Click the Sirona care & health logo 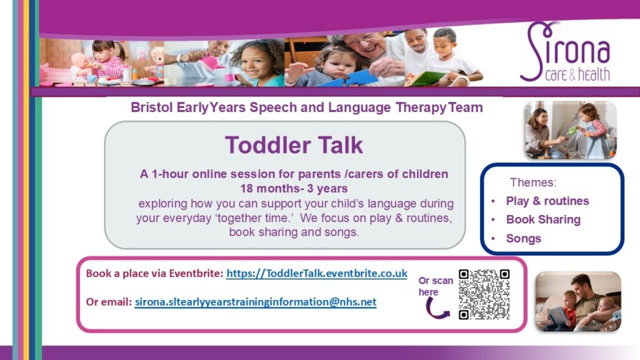click(x=565, y=52)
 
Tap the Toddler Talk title click(x=294, y=145)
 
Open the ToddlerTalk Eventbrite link click(x=317, y=273)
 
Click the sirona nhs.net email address click(x=256, y=302)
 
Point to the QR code click(x=484, y=294)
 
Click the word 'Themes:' click(x=532, y=182)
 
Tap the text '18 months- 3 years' click(x=294, y=189)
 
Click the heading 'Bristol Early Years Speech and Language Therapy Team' click(x=306, y=107)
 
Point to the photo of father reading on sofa click(x=578, y=301)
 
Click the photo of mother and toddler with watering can click(x=570, y=130)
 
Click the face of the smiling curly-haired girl click(x=256, y=63)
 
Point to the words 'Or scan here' click(x=436, y=286)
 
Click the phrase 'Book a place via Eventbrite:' click(x=155, y=274)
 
